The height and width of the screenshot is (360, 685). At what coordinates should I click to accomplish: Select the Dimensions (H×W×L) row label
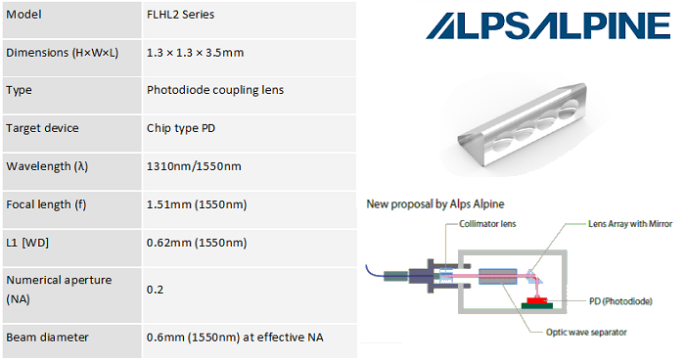pyautogui.click(x=62, y=53)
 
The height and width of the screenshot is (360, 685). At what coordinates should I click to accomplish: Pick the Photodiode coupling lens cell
pyautogui.click(x=216, y=90)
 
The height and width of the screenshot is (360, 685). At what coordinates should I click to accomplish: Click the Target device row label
pyautogui.click(x=42, y=128)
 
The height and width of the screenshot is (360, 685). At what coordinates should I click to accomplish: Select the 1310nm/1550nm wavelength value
pyautogui.click(x=193, y=165)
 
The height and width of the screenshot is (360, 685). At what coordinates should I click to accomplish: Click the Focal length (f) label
pyautogui.click(x=49, y=203)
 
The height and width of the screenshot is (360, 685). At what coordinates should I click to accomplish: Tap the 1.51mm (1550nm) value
pyautogui.click(x=197, y=203)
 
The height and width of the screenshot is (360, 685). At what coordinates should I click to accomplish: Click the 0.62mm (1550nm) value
pyautogui.click(x=197, y=242)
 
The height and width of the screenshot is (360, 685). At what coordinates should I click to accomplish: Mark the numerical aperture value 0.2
pyautogui.click(x=155, y=290)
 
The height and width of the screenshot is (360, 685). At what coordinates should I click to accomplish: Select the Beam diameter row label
pyautogui.click(x=47, y=337)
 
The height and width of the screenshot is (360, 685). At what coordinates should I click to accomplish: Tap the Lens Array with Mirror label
pyautogui.click(x=630, y=224)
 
